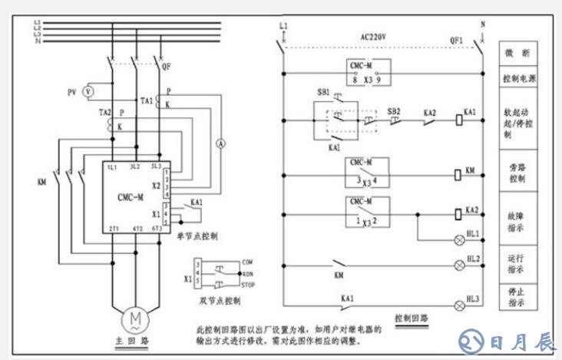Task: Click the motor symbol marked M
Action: click(x=135, y=317)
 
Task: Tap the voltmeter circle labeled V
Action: click(x=88, y=91)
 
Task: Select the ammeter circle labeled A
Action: click(x=217, y=144)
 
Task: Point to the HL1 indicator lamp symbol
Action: click(x=461, y=241)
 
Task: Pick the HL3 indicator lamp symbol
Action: click(x=461, y=305)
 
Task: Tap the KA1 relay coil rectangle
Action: click(x=458, y=120)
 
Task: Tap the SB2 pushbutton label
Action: click(x=394, y=111)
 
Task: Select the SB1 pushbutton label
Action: click(x=323, y=91)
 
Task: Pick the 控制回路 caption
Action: click(x=412, y=316)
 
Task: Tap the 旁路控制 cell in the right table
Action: click(x=517, y=171)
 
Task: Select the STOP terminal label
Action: click(x=249, y=284)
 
